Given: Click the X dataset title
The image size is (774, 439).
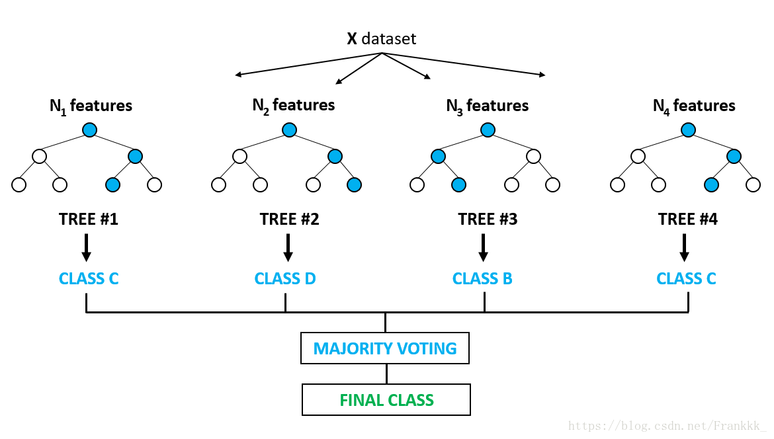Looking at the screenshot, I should (x=382, y=38).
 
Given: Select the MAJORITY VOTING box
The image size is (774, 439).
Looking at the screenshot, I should (x=385, y=348).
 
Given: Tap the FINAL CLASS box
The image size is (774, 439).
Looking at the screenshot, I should (x=386, y=400).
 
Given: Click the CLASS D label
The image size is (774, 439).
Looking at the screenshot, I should (x=285, y=278).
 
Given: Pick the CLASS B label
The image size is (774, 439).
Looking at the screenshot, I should (x=482, y=278).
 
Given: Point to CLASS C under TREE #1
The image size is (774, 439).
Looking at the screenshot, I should (x=89, y=278).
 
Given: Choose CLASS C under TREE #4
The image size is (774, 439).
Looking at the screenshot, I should (x=686, y=278).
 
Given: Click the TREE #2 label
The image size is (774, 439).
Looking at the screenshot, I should (x=289, y=219).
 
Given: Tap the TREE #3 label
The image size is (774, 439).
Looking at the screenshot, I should (x=487, y=219).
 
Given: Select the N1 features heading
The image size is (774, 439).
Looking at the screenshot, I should (x=91, y=106).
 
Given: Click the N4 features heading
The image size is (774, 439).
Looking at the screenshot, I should (x=693, y=106).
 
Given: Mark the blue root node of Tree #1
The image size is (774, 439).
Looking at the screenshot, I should (x=90, y=130).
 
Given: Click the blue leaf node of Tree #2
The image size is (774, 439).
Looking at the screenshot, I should (x=354, y=184).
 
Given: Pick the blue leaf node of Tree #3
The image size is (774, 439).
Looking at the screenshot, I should (x=458, y=184).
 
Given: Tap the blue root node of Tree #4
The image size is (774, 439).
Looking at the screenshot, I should (x=688, y=130).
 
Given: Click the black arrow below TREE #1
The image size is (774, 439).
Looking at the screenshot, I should (x=86, y=247).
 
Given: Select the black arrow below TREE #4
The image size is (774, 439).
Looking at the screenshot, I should (x=684, y=247).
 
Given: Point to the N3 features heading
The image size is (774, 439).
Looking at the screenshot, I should (x=487, y=106).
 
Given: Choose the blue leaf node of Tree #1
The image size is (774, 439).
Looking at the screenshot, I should (x=113, y=184).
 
